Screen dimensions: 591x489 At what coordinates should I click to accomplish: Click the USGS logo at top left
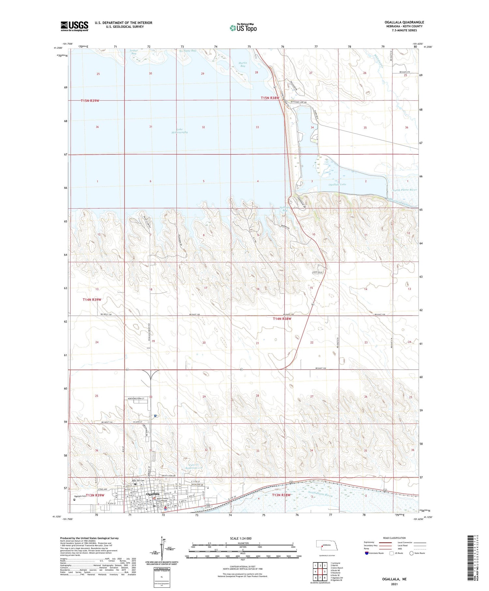coord(74,26)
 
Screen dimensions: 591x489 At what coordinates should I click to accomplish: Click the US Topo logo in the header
coord(243,28)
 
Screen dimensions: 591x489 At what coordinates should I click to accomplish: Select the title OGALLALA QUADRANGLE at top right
coord(404,22)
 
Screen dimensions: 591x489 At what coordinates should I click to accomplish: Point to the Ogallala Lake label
coord(337,185)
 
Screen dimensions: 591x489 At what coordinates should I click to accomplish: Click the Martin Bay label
coord(243,65)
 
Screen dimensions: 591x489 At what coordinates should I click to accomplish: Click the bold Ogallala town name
coord(153,494)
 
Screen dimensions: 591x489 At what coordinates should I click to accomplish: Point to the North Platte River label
coord(405,190)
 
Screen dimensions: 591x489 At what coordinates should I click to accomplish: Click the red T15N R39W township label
coord(90,101)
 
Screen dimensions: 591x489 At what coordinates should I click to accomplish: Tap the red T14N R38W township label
coord(282,319)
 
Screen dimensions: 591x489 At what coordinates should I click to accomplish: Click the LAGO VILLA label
coord(317,272)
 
